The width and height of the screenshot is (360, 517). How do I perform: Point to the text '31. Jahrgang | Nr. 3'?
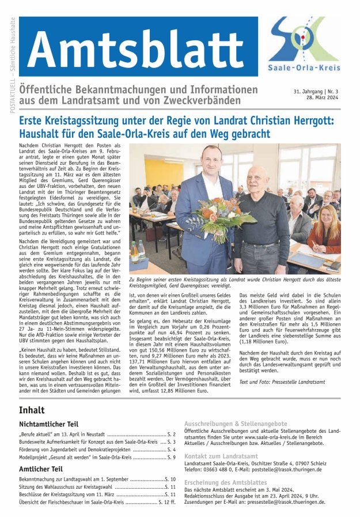click(x=317, y=91)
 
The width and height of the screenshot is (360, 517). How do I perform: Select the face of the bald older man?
click(x=257, y=178)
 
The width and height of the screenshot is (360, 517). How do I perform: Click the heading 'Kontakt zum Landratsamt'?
click(x=220, y=456)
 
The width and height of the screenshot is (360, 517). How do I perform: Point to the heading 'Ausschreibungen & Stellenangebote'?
click(x=236, y=423)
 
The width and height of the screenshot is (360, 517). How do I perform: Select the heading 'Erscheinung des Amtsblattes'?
click(x=225, y=482)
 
